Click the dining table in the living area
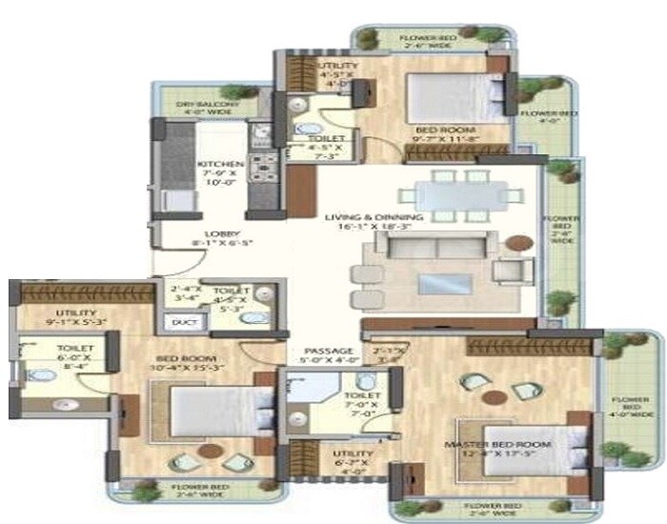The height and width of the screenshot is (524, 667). pos(455,193)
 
